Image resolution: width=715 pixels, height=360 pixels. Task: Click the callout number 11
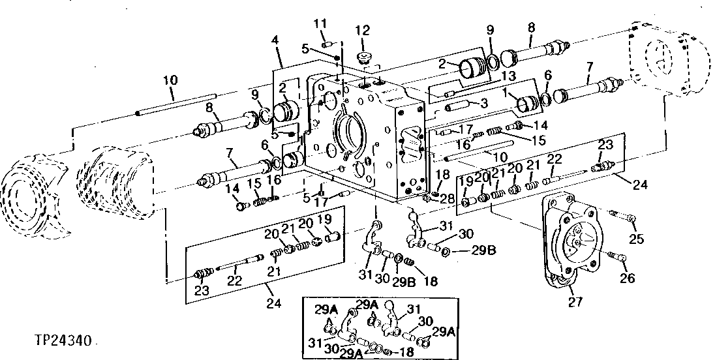(x=320, y=25)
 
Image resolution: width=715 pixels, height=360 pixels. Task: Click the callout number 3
(x=483, y=104)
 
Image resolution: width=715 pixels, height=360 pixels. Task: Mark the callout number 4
(x=276, y=40)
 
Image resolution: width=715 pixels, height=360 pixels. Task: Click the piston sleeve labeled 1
(x=525, y=103)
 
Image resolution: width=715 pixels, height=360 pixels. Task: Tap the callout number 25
(x=636, y=239)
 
